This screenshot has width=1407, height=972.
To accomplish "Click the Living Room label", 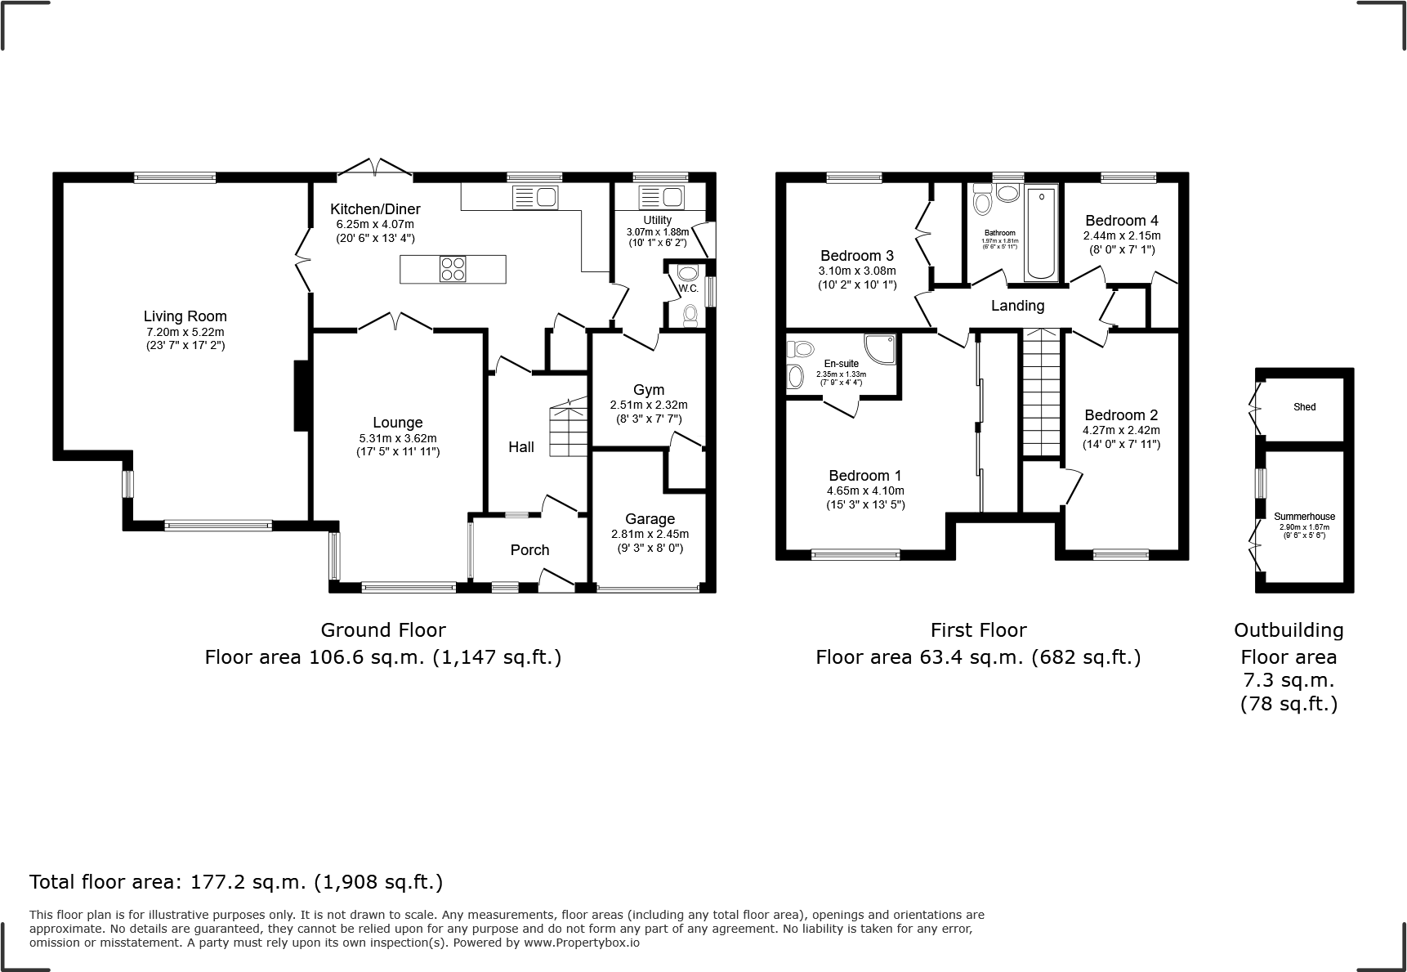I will [x=185, y=316].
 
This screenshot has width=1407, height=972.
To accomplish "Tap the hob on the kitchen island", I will [x=453, y=269].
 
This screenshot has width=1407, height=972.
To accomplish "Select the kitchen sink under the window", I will [x=534, y=197].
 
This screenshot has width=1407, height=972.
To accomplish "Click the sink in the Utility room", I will [x=661, y=197].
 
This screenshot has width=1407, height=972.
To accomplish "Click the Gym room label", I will [x=649, y=390].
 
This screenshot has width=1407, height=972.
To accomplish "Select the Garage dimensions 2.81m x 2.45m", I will [x=650, y=534].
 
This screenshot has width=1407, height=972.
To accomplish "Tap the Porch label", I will [x=529, y=550].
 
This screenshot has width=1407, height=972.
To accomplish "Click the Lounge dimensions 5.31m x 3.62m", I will [x=398, y=437].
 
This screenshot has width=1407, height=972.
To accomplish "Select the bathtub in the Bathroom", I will [x=1041, y=234].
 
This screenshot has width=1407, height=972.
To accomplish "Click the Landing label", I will [x=1017, y=306].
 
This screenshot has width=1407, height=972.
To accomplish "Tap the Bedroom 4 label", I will [x=1121, y=221].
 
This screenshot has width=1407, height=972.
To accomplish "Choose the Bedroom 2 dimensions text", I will [x=1121, y=430].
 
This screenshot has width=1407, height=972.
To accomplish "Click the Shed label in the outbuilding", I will [x=1304, y=407].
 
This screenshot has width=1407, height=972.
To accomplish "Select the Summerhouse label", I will [x=1304, y=517].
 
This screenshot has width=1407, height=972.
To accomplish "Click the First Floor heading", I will [x=978, y=630].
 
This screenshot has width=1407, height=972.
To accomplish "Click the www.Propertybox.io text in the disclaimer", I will [x=581, y=943].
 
